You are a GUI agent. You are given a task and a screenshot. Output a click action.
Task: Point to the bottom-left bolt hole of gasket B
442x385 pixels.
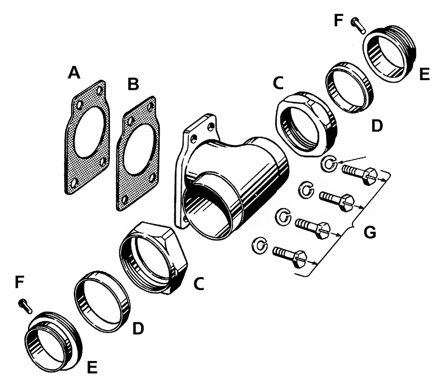(126, 199)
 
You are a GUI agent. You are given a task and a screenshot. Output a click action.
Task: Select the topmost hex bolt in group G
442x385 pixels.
(359, 175)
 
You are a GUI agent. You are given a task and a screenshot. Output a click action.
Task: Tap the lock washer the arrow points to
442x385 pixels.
(328, 163)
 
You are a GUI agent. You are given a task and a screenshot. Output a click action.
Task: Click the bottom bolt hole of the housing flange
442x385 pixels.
(185, 220)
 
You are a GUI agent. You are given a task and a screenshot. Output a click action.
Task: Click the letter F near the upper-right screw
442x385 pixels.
(339, 20)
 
